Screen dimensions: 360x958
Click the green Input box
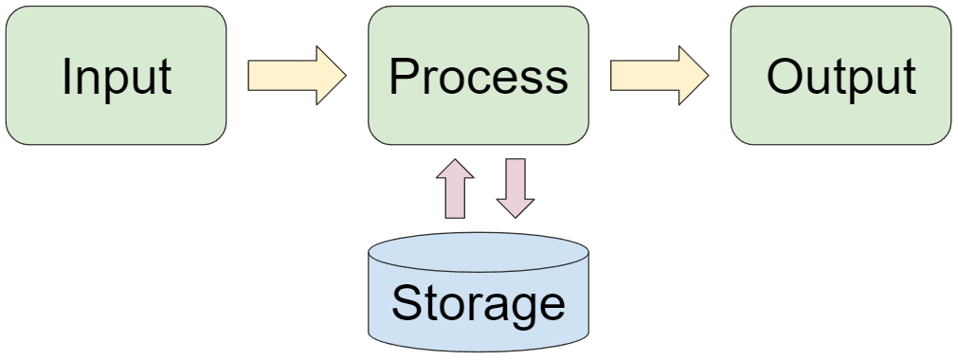point(116,76)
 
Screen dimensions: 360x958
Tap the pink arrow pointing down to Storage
point(515,188)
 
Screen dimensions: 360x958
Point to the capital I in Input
point(67,76)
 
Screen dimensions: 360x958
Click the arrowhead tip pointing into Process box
point(346,76)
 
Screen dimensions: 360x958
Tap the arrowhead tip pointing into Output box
point(708,76)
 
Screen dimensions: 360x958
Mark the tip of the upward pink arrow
point(454,159)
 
